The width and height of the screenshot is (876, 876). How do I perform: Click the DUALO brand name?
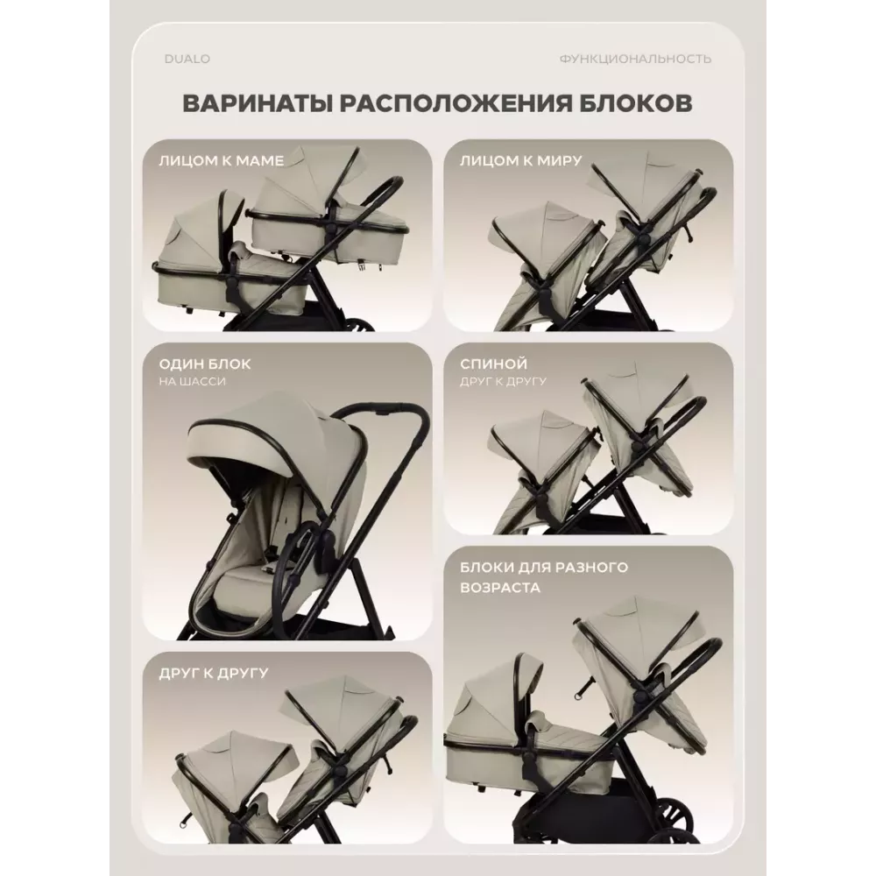tap(187, 59)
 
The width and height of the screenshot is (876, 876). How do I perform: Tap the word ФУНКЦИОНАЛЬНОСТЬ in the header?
tap(635, 59)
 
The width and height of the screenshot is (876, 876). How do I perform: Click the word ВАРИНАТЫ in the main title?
tap(257, 103)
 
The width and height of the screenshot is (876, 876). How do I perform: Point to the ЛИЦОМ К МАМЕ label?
tap(222, 161)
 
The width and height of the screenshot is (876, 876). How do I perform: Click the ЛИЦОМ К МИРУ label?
tap(520, 161)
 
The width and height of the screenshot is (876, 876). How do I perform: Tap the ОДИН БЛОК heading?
tap(205, 364)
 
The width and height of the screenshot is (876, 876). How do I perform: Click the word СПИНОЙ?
tap(493, 364)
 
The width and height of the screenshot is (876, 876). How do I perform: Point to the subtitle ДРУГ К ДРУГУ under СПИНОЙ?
tap(504, 382)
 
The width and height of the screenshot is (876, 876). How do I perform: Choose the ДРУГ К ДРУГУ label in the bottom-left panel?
tap(214, 673)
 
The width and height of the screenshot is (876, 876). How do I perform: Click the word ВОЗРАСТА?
tap(500, 588)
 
